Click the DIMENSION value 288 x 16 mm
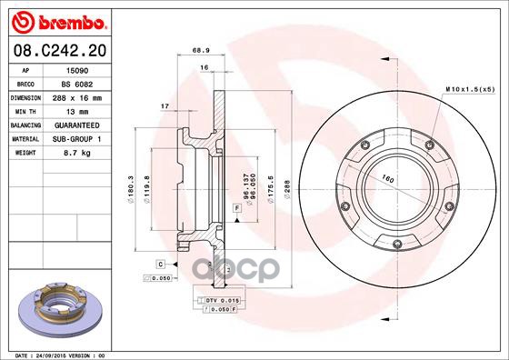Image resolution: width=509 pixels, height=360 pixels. [89, 95]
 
